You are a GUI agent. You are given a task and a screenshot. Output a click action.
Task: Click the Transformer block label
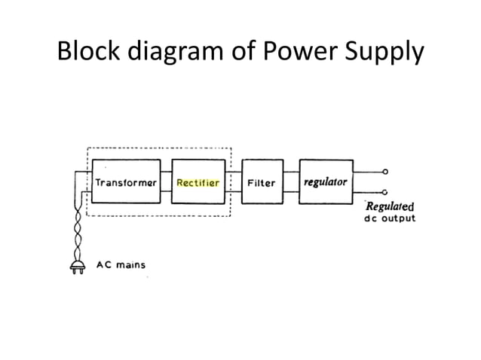125,182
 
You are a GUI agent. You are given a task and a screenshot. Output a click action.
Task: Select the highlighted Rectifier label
198,182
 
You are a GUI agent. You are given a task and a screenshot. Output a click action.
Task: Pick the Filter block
262,182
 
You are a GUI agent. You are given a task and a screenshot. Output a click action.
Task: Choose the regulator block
326,182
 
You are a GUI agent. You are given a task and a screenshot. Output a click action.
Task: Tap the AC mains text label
121,265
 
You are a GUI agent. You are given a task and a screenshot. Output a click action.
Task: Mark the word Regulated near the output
389,206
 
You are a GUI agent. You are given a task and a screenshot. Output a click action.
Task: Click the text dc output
389,219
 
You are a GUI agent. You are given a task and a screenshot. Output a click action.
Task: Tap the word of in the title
243,52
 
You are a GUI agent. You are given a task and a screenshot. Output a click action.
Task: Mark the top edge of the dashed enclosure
158,148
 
